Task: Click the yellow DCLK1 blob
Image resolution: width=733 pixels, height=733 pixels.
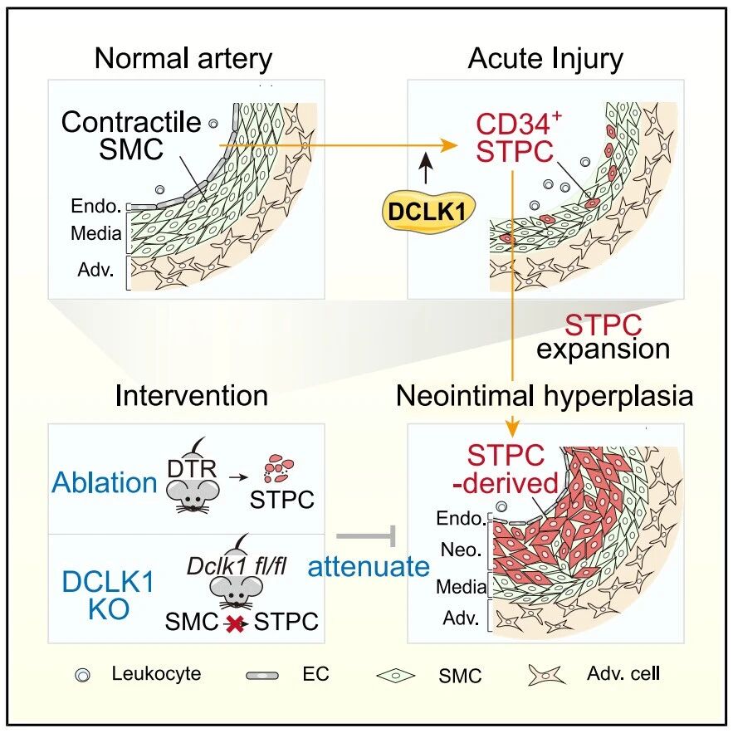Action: click(x=428, y=212)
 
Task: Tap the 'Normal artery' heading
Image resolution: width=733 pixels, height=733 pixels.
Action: click(x=183, y=59)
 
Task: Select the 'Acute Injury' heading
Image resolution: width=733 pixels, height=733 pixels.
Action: click(x=545, y=60)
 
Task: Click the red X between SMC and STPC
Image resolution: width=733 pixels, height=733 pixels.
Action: click(x=235, y=623)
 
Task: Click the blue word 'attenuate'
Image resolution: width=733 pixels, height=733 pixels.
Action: click(x=369, y=567)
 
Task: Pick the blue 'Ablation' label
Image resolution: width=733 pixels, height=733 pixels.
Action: click(x=105, y=482)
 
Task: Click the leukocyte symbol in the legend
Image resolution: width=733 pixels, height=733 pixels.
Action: click(x=83, y=675)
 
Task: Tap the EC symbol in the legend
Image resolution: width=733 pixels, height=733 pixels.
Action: click(x=262, y=676)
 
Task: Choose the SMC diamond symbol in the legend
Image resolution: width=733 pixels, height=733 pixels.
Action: click(x=395, y=676)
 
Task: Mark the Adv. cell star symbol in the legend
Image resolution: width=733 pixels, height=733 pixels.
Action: click(x=546, y=675)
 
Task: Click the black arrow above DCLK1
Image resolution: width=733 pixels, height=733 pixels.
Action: click(x=425, y=168)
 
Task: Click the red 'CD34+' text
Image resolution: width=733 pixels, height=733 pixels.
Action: click(x=519, y=124)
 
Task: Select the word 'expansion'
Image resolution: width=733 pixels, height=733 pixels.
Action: click(x=603, y=350)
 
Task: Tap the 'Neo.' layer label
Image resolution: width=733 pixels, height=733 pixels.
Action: click(x=461, y=550)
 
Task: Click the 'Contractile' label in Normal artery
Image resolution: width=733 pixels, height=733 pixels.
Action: click(x=131, y=123)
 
